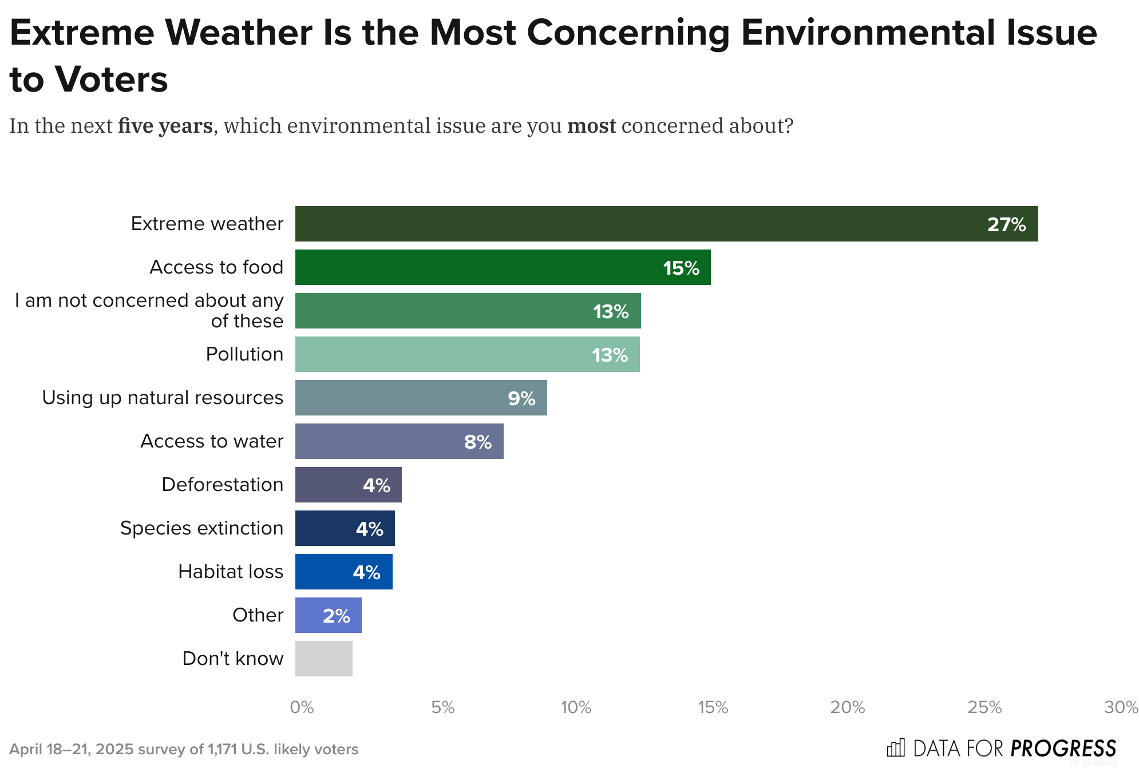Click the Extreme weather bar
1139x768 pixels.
tap(666, 224)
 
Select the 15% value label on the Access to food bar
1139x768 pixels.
tap(681, 268)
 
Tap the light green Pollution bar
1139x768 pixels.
tap(467, 354)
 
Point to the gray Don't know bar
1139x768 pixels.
tap(323, 659)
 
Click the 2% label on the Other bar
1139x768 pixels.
tap(336, 616)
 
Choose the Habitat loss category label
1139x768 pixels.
tap(231, 572)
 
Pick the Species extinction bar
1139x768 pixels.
tap(345, 528)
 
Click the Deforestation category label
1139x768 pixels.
tap(222, 485)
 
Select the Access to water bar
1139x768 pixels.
tap(399, 441)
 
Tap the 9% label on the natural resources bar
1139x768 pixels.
tap(521, 398)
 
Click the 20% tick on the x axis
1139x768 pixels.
tap(848, 708)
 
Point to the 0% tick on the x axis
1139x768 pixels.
tap(302, 708)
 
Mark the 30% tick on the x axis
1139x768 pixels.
tap(1121, 708)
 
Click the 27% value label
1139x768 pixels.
tap(1006, 224)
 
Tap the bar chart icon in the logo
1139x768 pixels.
tap(896, 748)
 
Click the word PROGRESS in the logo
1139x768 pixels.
tap(1063, 749)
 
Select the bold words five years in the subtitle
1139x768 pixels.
tap(165, 126)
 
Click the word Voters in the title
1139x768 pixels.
tap(112, 79)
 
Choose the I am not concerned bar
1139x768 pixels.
tap(468, 311)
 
